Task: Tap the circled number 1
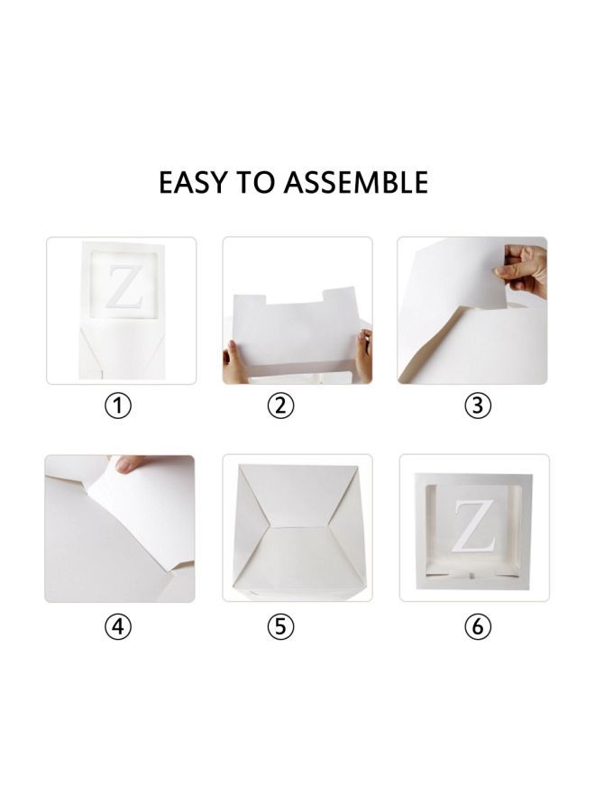coord(118,405)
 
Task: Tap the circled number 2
coord(281,405)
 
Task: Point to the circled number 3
coord(478,405)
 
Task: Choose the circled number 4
coord(118,625)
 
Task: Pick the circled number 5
coord(281,625)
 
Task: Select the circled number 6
coord(478,625)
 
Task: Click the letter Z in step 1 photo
coord(119,287)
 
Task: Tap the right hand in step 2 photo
coord(364,351)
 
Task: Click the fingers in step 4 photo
coord(133,466)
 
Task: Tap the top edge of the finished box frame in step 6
coord(473,475)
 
